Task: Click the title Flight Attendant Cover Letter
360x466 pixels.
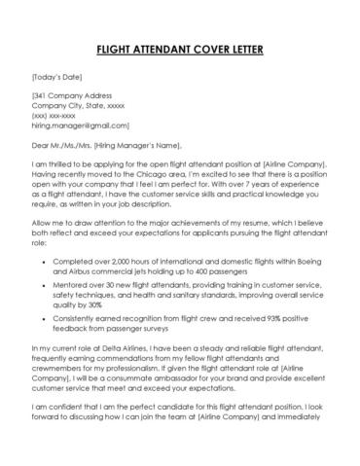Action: [180, 50]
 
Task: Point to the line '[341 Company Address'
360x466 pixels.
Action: [72, 94]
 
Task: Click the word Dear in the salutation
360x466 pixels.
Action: [43, 144]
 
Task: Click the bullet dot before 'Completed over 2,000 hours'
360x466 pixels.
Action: [42, 262]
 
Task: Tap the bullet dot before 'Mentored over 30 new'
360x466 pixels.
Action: [42, 290]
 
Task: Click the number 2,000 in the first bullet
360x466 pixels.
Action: [128, 262]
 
